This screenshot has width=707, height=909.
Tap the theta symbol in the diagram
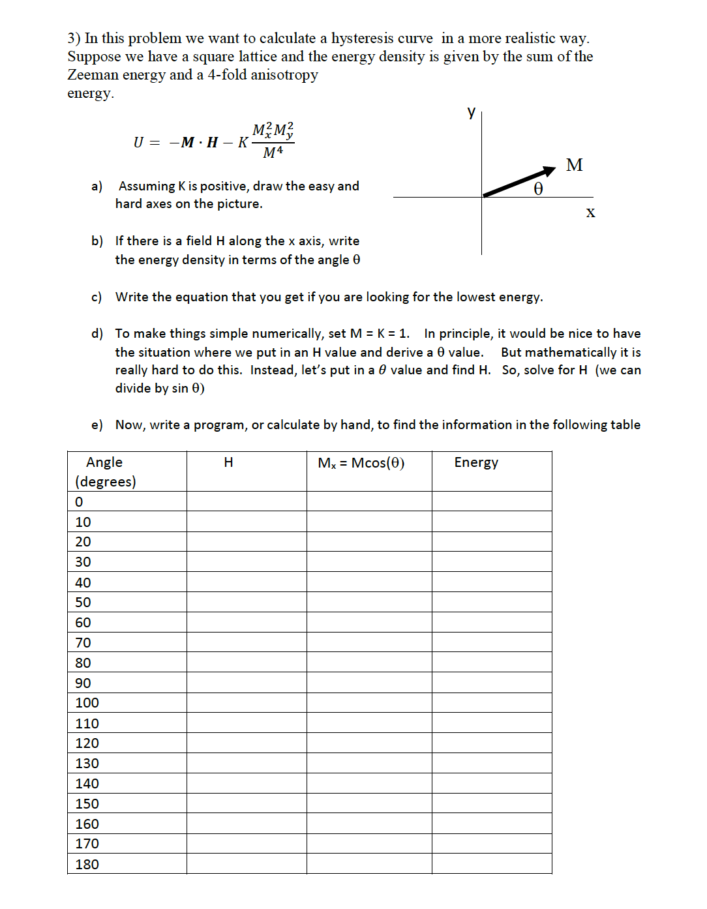[x=538, y=189]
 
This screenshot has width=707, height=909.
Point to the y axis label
[x=472, y=112]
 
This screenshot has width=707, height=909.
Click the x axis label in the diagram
[x=590, y=212]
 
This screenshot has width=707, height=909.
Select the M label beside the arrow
[x=574, y=165]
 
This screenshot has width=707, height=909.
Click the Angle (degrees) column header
[x=105, y=471]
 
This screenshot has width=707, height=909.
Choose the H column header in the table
[x=228, y=462]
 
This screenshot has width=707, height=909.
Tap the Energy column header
[x=476, y=462]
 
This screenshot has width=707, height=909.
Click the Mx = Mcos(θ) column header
[x=361, y=463]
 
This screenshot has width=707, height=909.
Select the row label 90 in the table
[x=83, y=683]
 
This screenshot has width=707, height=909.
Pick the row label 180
[x=87, y=864]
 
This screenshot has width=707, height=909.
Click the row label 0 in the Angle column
[x=79, y=501]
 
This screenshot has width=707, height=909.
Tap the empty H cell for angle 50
[x=247, y=602]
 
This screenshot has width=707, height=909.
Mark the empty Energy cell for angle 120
[x=492, y=743]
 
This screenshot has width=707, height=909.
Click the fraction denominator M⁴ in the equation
[x=273, y=153]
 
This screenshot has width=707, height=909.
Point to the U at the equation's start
[x=138, y=142]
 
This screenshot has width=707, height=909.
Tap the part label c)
[x=97, y=297]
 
